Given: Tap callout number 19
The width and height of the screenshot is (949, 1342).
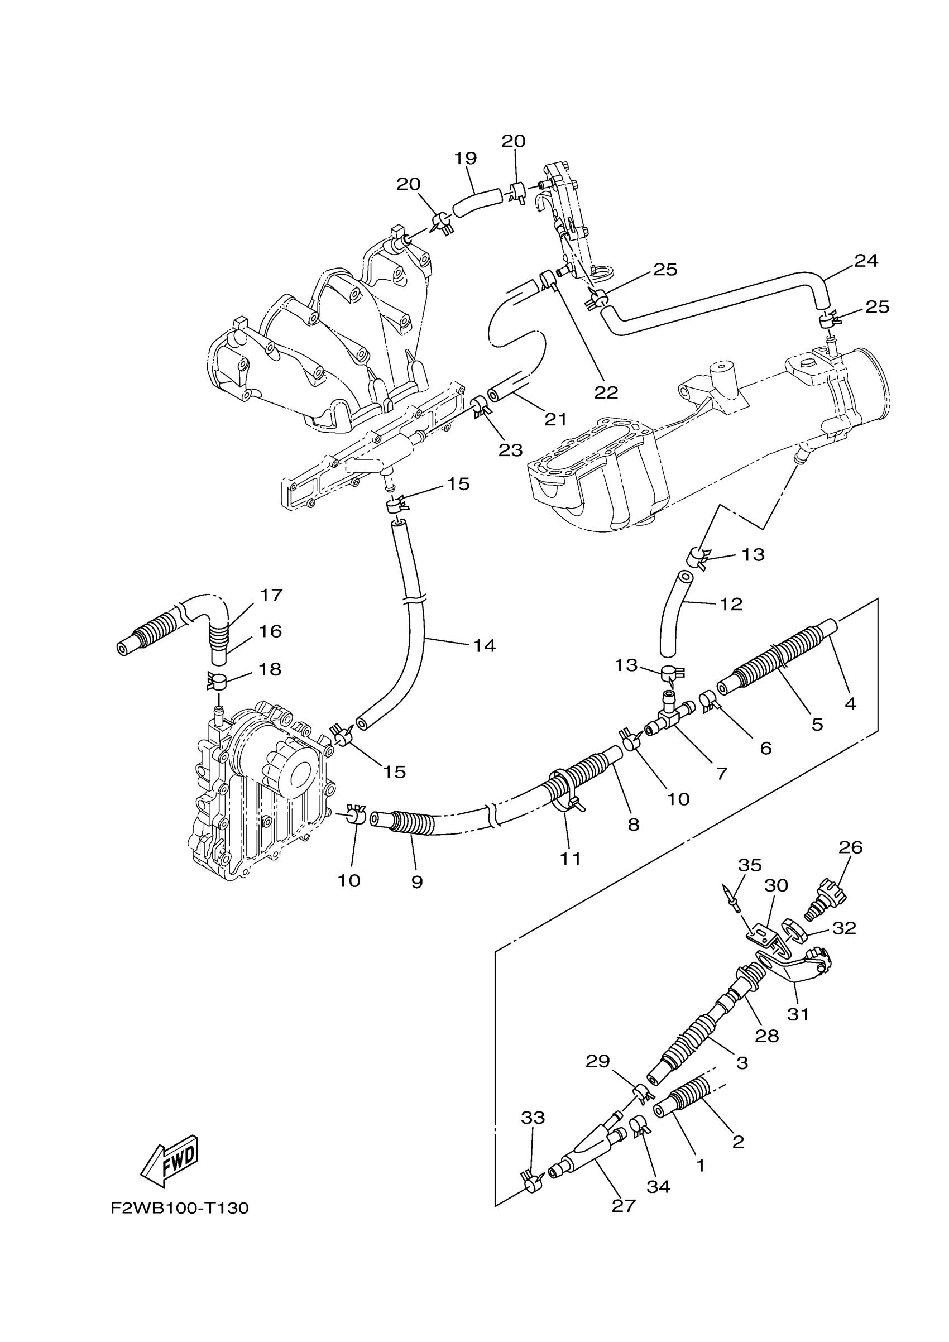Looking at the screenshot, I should (x=466, y=159).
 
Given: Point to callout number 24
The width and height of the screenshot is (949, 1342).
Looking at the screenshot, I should (x=866, y=261).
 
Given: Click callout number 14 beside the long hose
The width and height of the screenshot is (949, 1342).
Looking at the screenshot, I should (x=485, y=645).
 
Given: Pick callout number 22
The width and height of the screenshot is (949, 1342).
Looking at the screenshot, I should (x=606, y=392).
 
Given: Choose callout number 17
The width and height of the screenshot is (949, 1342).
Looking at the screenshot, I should (x=271, y=595).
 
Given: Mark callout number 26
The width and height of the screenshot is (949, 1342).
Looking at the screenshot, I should (x=850, y=847).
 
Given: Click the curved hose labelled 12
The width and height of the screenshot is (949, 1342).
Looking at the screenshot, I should (x=672, y=620).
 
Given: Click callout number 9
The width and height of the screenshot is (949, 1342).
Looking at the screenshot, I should (x=416, y=881).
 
